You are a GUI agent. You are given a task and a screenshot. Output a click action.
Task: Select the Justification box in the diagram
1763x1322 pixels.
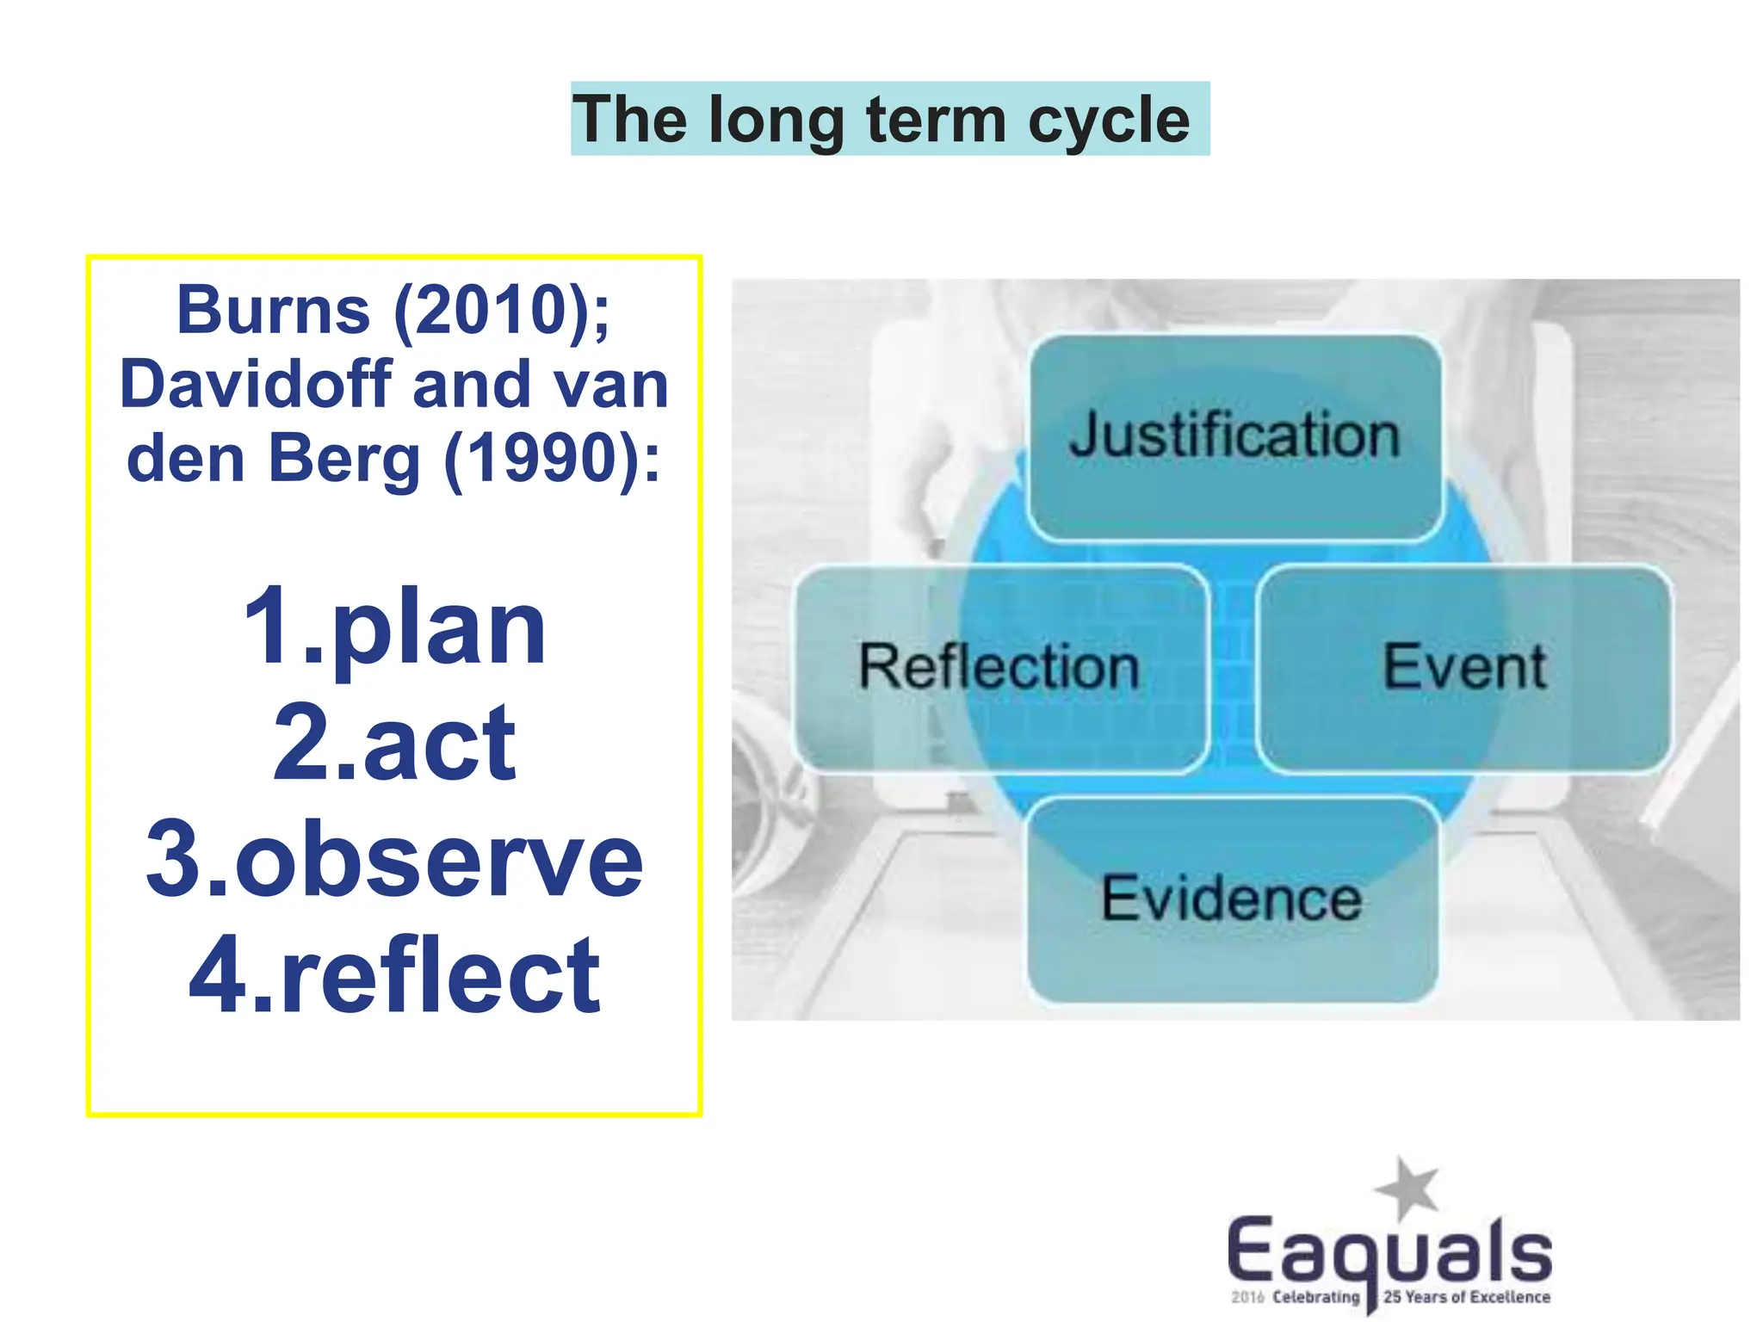(x=1234, y=436)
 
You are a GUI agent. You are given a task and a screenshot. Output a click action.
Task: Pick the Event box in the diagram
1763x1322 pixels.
(x=1464, y=668)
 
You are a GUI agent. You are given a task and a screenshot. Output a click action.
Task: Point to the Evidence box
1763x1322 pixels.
(x=1232, y=899)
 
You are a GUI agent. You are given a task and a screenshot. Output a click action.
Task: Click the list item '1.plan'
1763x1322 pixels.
(x=394, y=627)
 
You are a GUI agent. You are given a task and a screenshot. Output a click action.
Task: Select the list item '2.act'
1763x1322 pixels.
(x=394, y=742)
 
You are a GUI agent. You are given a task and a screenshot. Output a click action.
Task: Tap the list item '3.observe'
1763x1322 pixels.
(x=394, y=859)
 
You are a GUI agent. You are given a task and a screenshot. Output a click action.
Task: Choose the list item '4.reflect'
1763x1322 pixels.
(x=394, y=976)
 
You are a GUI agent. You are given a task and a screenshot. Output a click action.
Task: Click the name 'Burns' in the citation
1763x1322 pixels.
(x=273, y=310)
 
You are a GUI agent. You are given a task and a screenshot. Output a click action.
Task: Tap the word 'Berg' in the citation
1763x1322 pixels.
(x=344, y=458)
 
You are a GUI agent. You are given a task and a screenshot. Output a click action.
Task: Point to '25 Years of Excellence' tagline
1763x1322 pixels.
(x=1466, y=1297)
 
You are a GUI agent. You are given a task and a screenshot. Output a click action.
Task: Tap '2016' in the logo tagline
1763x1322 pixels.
(x=1246, y=1297)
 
